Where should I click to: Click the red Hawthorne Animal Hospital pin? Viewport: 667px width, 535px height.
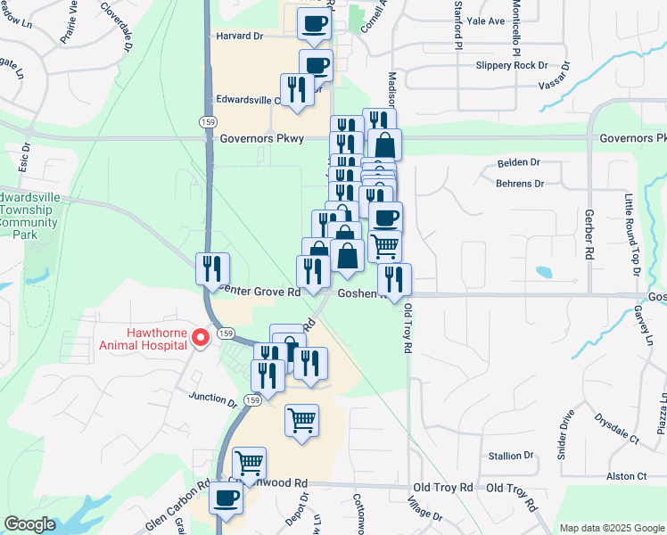point(202,337)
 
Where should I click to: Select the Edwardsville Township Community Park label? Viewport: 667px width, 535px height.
point(29,214)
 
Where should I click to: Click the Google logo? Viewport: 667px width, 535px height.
point(29,524)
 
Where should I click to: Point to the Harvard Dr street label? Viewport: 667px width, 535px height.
point(240,37)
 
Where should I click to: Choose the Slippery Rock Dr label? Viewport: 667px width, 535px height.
point(511,65)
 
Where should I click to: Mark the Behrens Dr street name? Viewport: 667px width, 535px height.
point(519,184)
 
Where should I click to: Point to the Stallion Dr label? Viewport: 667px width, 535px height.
point(511,456)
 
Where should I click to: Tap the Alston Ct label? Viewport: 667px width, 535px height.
point(626,477)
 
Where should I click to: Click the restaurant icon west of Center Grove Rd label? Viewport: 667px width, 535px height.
point(213,267)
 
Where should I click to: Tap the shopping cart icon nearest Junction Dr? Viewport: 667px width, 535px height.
point(302,419)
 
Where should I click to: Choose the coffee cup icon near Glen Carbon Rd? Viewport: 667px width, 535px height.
point(226,497)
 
